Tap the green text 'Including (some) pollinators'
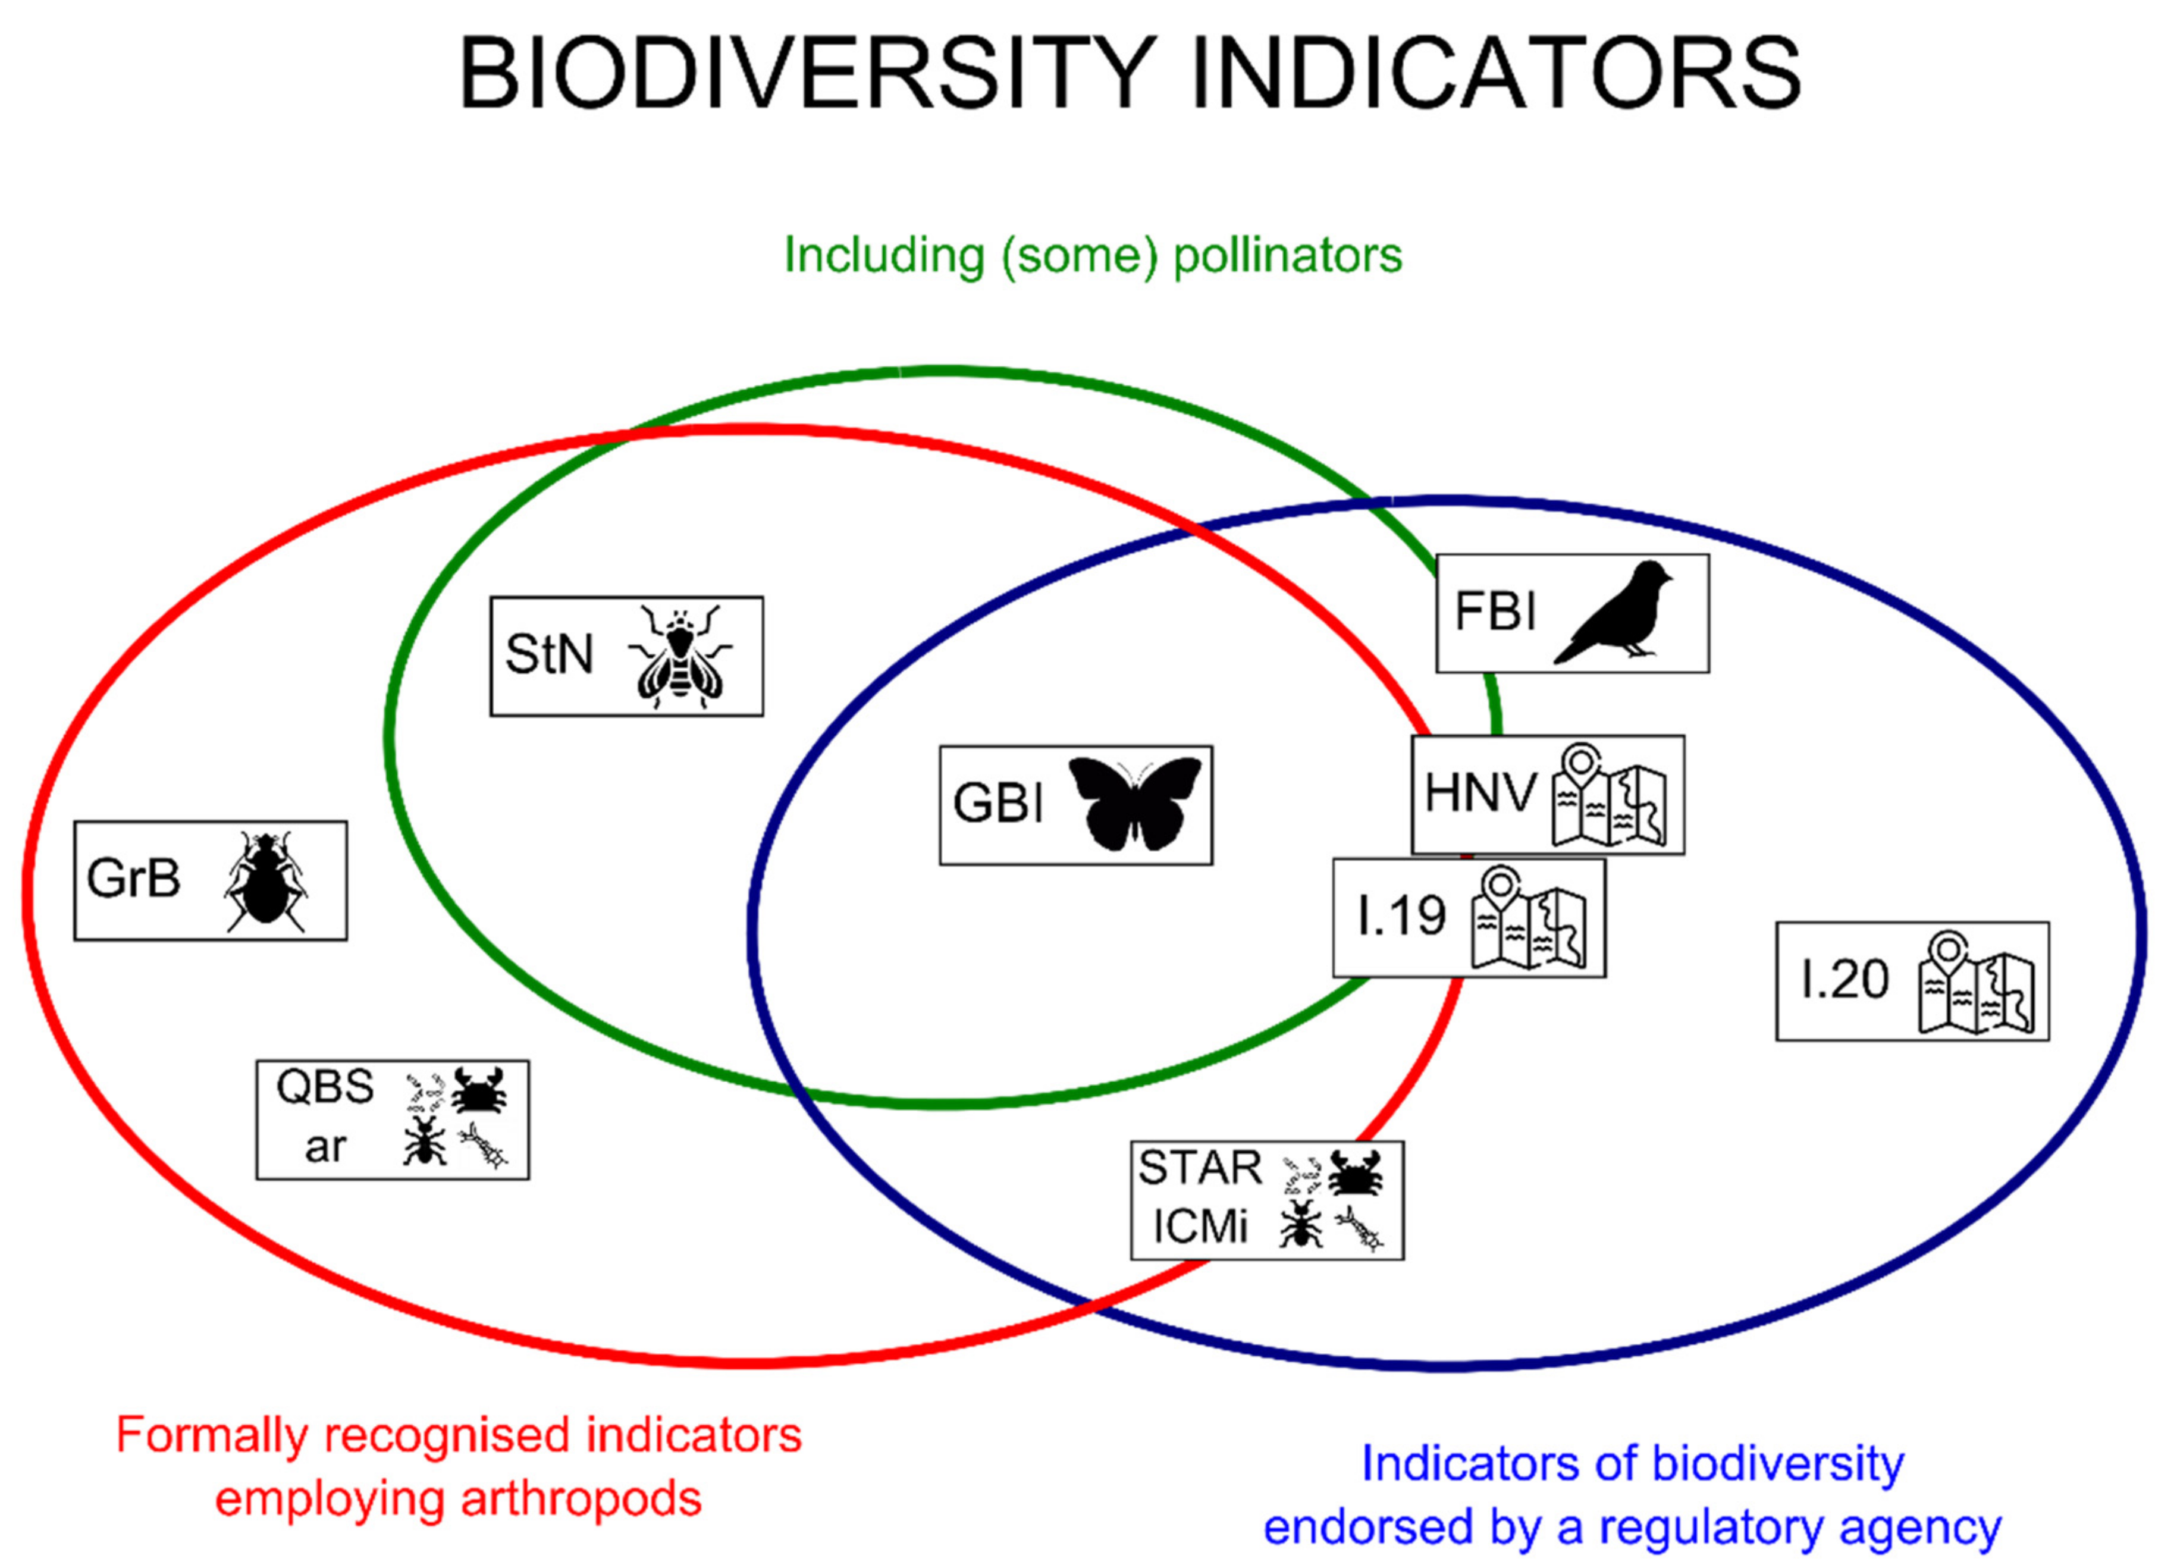[1092, 255]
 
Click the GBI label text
[997, 802]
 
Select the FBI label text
[1495, 611]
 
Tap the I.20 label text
[1844, 979]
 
